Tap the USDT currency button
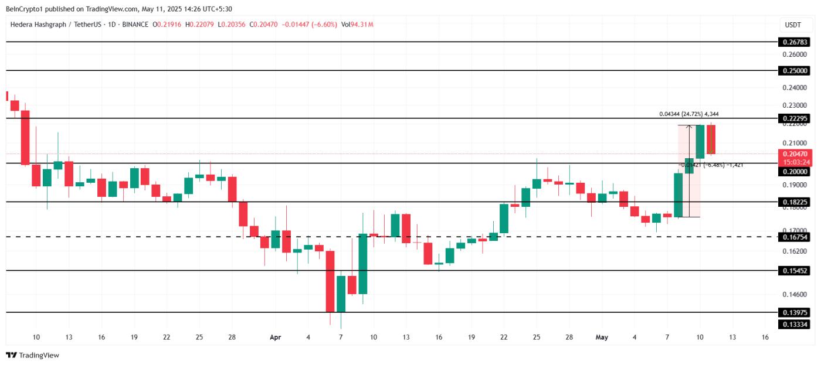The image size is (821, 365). (x=793, y=25)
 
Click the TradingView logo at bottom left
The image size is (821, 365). (x=33, y=355)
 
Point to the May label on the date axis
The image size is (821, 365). (x=602, y=337)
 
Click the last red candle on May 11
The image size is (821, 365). (x=711, y=139)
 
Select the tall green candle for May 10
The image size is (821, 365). (x=700, y=141)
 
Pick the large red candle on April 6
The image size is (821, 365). (x=330, y=281)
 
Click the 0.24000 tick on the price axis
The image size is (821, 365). (x=794, y=88)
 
